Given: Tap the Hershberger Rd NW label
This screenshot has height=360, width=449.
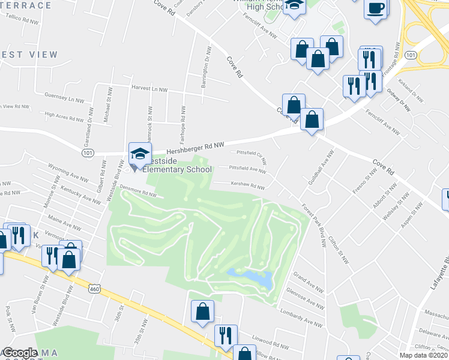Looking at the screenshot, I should coord(195,146).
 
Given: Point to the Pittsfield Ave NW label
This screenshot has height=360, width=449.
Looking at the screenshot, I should coord(249,170).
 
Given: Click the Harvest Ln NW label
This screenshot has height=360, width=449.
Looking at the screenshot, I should coord(149,89).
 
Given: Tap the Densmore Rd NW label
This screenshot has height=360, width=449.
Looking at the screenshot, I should coord(138,191).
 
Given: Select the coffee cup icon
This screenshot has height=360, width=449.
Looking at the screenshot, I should coord(376,9).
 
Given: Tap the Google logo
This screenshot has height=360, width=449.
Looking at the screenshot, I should coord(20,352).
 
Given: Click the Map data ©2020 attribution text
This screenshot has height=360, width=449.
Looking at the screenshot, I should coord(423,355).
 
